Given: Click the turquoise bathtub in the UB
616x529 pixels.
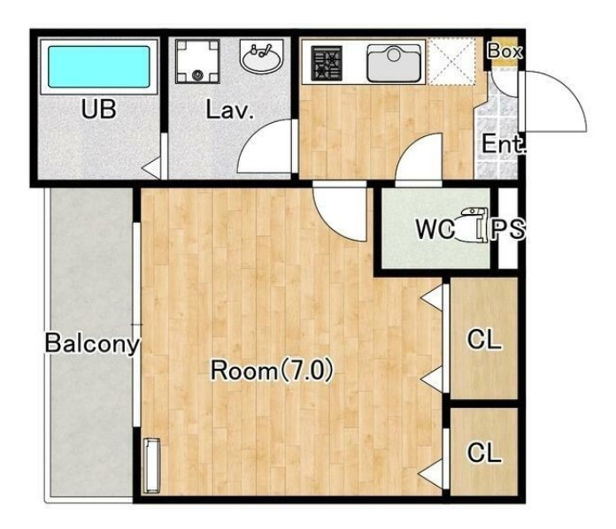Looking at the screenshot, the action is click(98, 66).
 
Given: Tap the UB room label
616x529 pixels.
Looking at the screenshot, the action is click(98, 110).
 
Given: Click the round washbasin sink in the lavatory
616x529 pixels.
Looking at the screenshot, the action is click(261, 57).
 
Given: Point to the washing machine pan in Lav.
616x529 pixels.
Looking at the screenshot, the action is click(197, 61).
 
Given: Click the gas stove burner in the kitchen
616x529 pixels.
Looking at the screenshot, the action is click(327, 64).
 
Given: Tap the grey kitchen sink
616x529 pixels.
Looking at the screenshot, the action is click(394, 63).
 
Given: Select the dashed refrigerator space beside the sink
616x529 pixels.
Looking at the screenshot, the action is click(451, 61).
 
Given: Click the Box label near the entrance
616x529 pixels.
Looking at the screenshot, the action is click(504, 50).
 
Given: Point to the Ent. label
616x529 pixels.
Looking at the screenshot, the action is click(504, 144).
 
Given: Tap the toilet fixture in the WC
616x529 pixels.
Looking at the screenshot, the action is click(472, 224).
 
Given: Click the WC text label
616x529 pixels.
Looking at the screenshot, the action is click(435, 229).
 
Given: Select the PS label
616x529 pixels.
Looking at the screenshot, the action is click(508, 229).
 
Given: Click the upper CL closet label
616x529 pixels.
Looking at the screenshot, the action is click(484, 339).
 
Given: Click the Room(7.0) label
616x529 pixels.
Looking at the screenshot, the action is click(272, 371).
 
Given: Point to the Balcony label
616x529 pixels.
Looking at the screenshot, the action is click(92, 343).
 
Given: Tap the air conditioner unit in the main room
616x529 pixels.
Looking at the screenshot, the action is click(152, 465).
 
